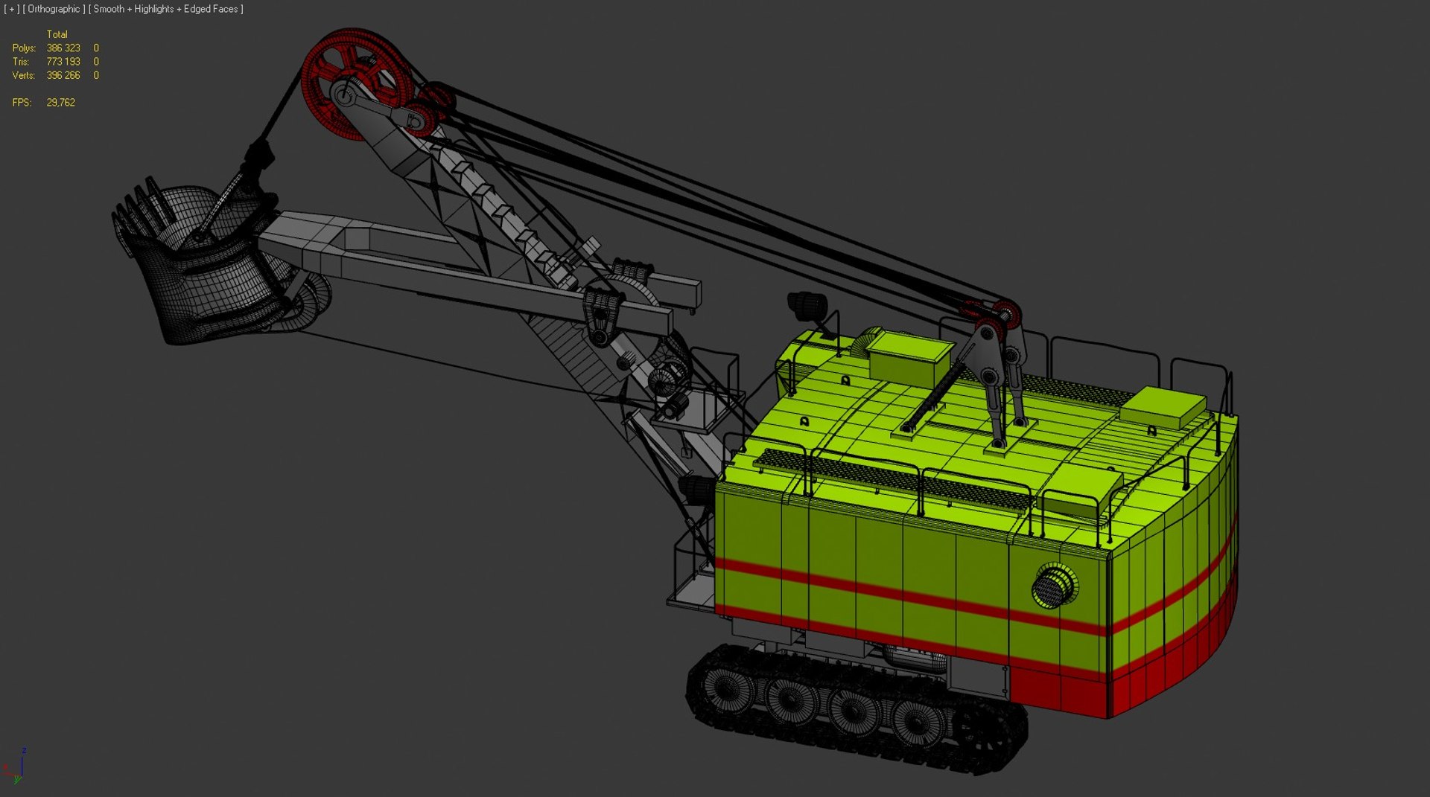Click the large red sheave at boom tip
356,82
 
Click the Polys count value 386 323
63,48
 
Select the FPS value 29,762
60,103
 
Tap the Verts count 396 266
63,76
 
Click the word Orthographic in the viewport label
54,9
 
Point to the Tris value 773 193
63,62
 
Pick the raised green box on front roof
909,357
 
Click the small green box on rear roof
1162,408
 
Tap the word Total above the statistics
57,34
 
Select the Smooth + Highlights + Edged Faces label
166,9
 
